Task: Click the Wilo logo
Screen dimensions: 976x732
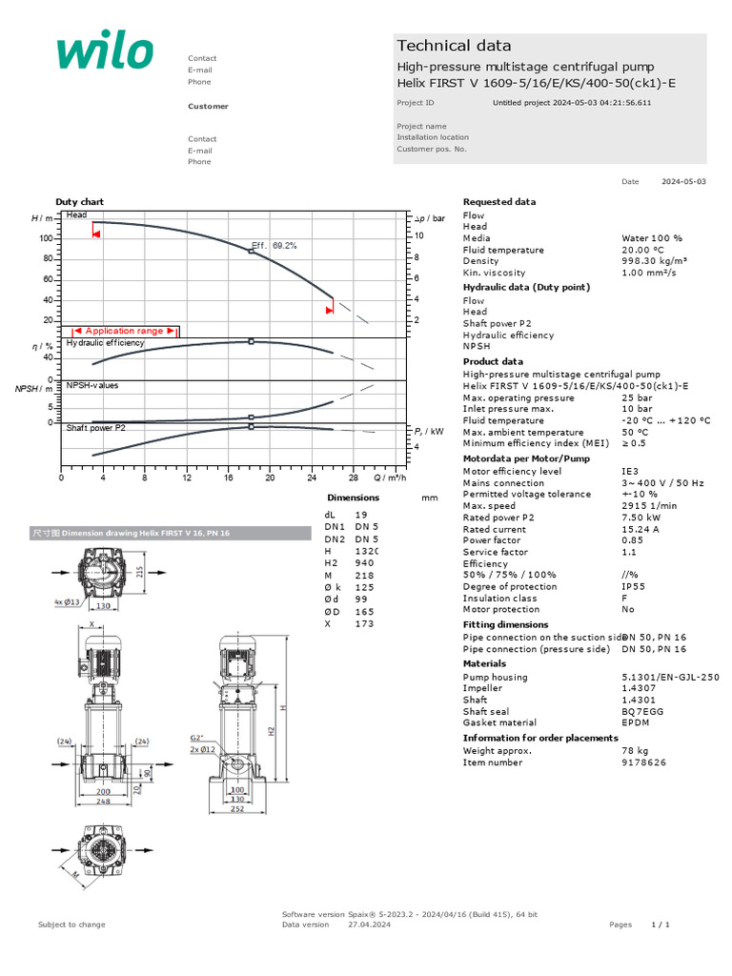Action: pos(104,52)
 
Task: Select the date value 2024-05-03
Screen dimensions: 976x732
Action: pos(683,181)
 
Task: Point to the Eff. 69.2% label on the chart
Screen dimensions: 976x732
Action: pos(274,245)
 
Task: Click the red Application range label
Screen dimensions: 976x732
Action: pos(124,331)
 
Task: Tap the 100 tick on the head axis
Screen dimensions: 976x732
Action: pos(45,238)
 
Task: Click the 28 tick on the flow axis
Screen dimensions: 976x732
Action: pos(353,478)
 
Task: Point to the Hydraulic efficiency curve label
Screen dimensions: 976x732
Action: pos(105,342)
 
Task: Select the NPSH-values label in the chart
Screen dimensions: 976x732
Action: pos(92,385)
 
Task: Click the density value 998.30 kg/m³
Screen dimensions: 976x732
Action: pos(654,261)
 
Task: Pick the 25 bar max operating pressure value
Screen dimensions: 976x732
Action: pos(638,398)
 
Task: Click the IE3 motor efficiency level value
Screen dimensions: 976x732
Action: pos(629,472)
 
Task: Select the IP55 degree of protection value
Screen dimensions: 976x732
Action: pos(633,587)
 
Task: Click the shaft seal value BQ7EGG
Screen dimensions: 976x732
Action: pos(641,711)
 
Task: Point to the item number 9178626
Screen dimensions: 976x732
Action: pos(643,762)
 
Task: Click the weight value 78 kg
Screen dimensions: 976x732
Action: pos(635,751)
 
